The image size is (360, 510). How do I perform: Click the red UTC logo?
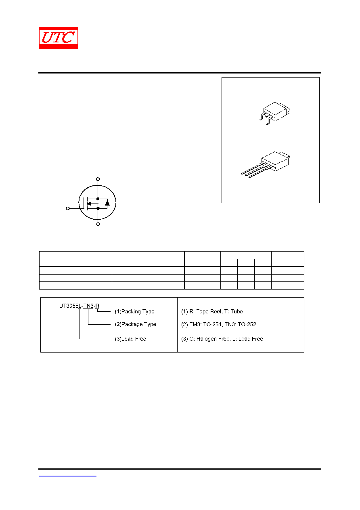point(58,38)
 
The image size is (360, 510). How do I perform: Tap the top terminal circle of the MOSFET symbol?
point(98,179)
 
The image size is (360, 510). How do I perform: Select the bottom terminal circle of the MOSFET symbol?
point(98,224)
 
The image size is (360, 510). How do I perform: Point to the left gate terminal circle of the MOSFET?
point(68,208)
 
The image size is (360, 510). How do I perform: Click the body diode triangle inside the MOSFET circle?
point(107,203)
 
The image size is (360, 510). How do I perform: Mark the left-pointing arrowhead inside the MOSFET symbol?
point(90,204)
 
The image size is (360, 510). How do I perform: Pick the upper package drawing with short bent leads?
point(275,113)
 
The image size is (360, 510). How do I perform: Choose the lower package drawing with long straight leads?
point(266,164)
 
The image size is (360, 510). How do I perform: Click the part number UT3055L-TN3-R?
point(79,306)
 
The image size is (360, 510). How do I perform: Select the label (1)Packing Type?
point(134,311)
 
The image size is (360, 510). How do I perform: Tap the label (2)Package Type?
point(135,324)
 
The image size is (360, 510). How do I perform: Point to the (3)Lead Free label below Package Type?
point(130,339)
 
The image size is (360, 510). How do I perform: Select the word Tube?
point(237,311)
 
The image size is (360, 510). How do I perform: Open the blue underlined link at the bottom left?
point(68,476)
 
